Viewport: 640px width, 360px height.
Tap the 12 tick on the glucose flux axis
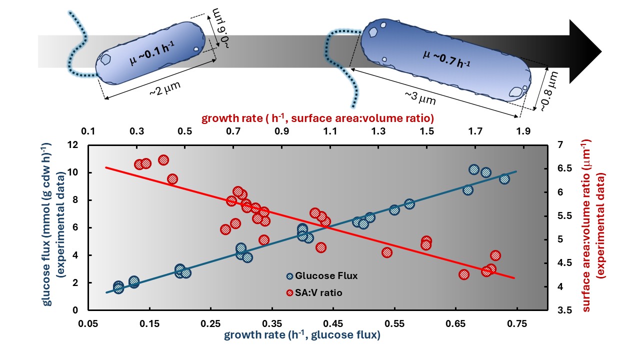coord(74,145)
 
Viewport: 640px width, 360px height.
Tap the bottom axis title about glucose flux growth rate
coord(302,335)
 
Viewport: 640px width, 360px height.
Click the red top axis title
coord(317,119)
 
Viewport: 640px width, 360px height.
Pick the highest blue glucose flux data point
coord(474,169)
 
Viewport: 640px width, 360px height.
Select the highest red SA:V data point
coord(163,160)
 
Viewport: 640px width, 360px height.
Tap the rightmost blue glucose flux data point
coord(504,179)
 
